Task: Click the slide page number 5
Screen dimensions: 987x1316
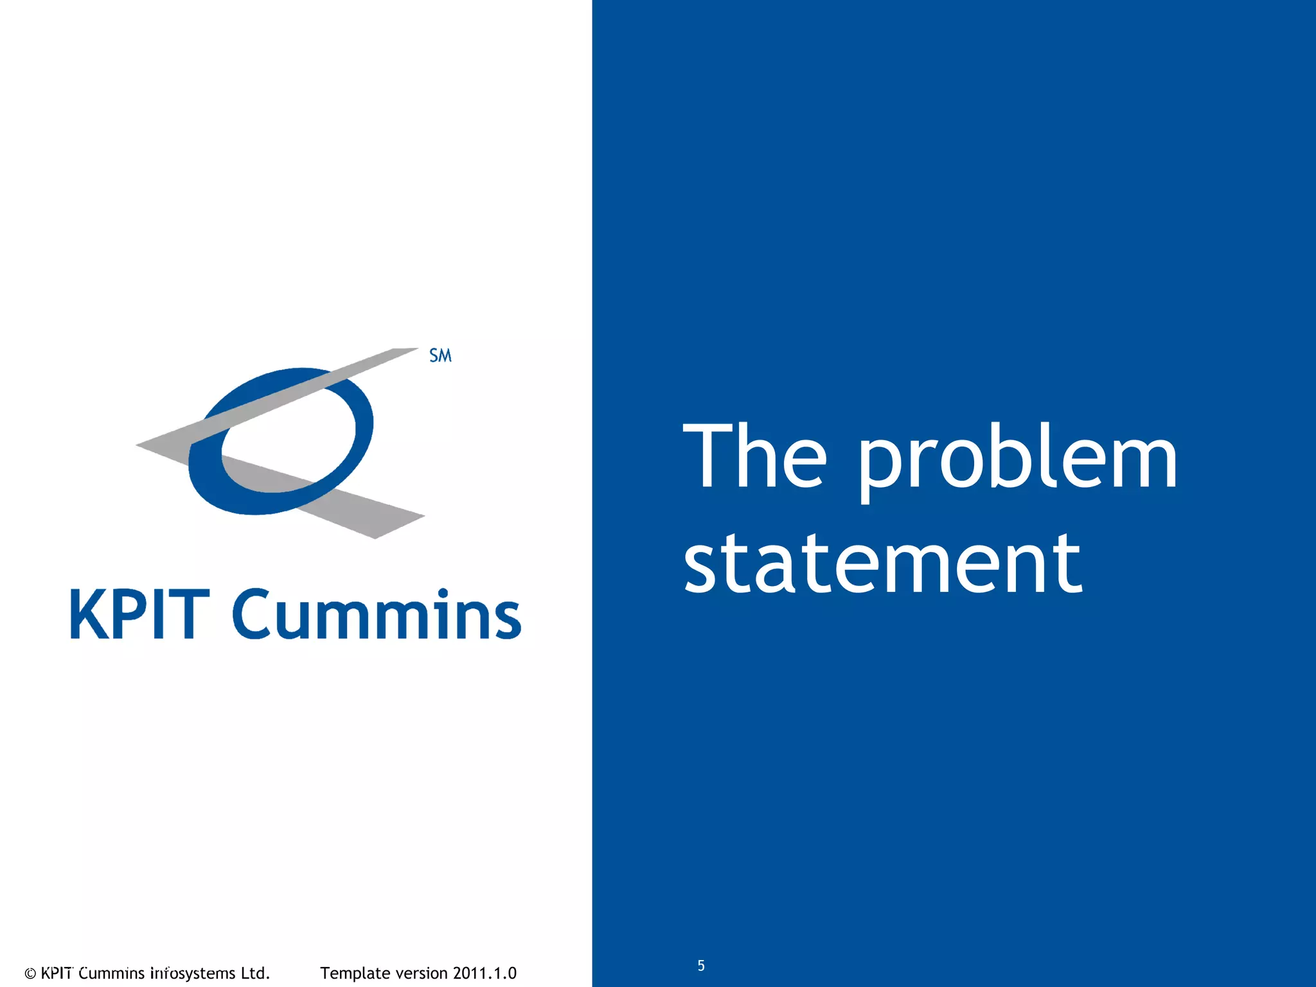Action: point(701,965)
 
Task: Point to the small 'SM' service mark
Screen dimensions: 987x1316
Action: point(440,355)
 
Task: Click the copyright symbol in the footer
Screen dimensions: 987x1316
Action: point(30,974)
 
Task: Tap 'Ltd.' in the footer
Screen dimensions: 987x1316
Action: point(255,973)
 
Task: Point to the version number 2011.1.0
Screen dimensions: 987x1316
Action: point(485,973)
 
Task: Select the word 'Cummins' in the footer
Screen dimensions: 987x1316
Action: point(111,973)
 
